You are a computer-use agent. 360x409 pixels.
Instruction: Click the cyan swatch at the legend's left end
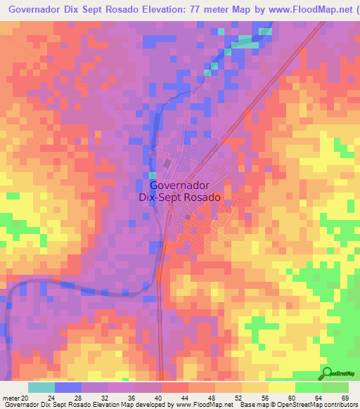tap(41, 387)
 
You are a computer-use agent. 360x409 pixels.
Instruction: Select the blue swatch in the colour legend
tap(68, 387)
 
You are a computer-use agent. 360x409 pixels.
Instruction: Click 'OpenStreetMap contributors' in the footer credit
tap(321, 405)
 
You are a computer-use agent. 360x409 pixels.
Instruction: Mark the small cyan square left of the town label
tap(153, 175)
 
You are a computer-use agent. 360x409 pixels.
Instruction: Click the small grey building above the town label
tap(167, 162)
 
